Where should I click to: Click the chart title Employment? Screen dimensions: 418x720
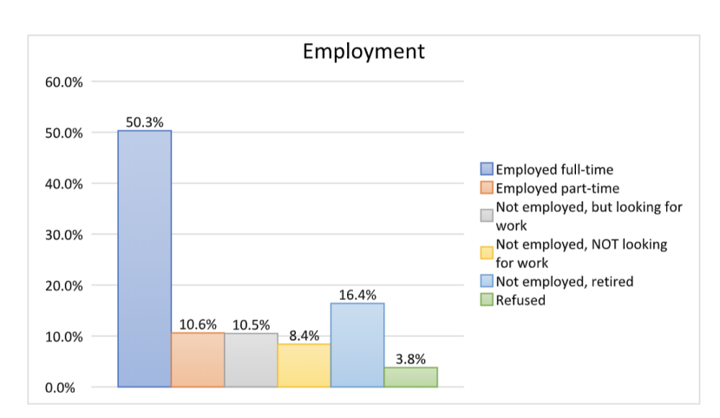pos(363,51)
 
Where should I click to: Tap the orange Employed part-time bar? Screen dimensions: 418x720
pos(198,359)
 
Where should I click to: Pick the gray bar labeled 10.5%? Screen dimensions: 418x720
pos(251,360)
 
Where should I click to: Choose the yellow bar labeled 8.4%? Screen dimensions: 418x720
pos(304,365)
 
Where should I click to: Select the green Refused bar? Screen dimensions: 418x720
pos(410,376)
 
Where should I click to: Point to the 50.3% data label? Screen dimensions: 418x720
pos(144,122)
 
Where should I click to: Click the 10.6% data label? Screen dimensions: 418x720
pos(198,324)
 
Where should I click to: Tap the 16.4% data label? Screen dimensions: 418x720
pos(357,295)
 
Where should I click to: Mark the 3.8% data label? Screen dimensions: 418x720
pos(410,358)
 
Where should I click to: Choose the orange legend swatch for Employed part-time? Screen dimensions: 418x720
pos(487,187)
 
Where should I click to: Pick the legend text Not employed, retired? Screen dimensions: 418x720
pos(565,281)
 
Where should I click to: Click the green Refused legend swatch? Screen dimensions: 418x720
pos(487,300)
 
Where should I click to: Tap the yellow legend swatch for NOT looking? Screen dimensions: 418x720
pos(487,253)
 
